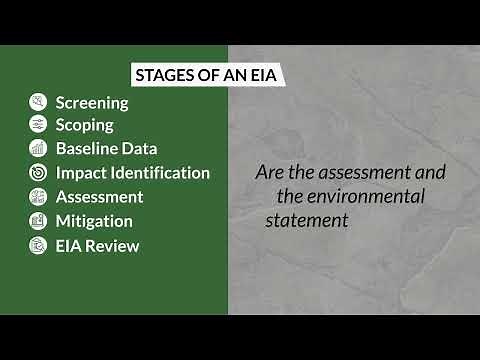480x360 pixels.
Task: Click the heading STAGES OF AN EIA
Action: point(197,75)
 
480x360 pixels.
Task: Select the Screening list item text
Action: point(92,102)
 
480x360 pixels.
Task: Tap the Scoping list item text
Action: point(84,125)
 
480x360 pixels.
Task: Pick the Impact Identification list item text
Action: point(133,173)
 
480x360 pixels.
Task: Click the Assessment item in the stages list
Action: point(99,197)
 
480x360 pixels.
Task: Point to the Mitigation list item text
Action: point(94,221)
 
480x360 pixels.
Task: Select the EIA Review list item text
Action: point(97,245)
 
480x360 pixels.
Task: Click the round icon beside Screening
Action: point(38,102)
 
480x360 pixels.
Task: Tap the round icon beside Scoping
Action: point(38,125)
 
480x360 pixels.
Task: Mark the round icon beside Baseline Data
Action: point(38,149)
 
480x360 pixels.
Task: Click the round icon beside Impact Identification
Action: point(38,173)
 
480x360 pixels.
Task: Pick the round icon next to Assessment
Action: point(38,197)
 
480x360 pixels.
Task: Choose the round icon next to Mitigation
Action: point(38,221)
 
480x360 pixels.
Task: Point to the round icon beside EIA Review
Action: point(38,245)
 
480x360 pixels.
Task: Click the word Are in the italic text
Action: point(270,172)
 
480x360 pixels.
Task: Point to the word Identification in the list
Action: point(160,173)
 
